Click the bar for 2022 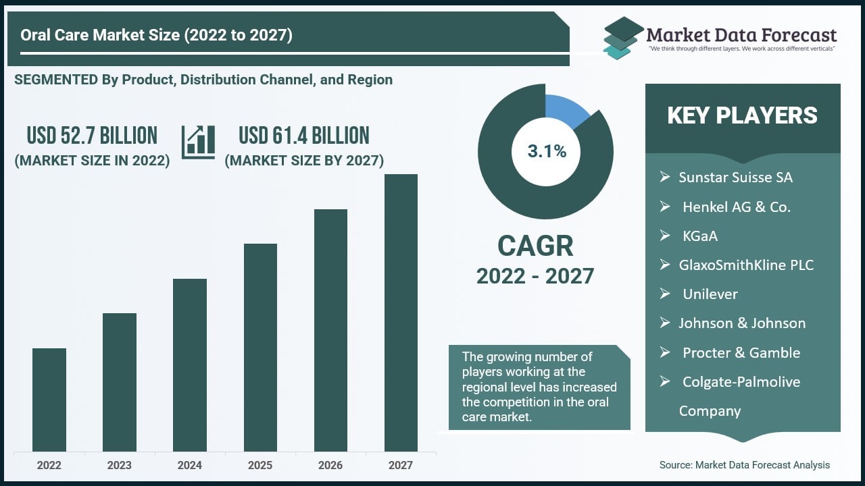(49, 400)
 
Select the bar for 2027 (401, 313)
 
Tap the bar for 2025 (260, 347)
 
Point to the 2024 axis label (190, 465)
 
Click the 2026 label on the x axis (330, 465)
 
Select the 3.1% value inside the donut (547, 151)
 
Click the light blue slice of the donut (564, 109)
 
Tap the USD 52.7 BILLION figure (92, 136)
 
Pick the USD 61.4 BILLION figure (304, 136)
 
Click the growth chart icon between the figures (198, 142)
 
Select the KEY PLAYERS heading (742, 116)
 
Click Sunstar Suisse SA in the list (735, 178)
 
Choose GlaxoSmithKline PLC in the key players (746, 265)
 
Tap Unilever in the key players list (710, 294)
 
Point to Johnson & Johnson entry (742, 323)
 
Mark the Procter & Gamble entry (741, 352)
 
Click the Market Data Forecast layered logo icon (622, 38)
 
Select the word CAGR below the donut (535, 246)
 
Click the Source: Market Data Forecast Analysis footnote (744, 464)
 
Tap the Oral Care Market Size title (156, 35)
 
